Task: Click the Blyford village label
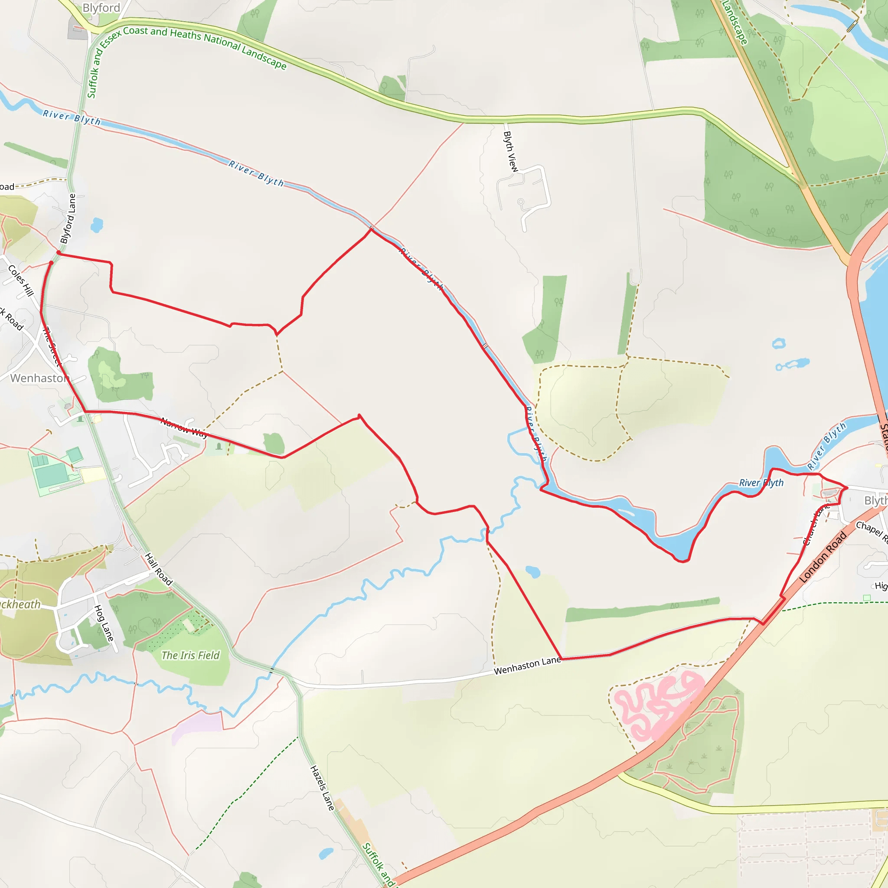tap(101, 8)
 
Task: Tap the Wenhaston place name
tap(39, 378)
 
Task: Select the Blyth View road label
tap(510, 152)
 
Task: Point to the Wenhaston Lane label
tap(527, 666)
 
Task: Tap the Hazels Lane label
tap(322, 788)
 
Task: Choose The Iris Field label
tap(190, 656)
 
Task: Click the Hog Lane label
tap(104, 623)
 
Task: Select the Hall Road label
tap(159, 569)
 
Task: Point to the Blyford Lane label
tap(68, 219)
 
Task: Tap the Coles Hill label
tap(21, 281)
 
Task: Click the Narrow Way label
tap(184, 428)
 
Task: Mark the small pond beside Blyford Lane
tap(97, 225)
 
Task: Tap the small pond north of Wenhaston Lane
tap(533, 572)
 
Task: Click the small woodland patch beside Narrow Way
tap(274, 444)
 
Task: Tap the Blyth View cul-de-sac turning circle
tap(520, 202)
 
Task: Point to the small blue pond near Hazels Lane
tap(326, 853)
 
